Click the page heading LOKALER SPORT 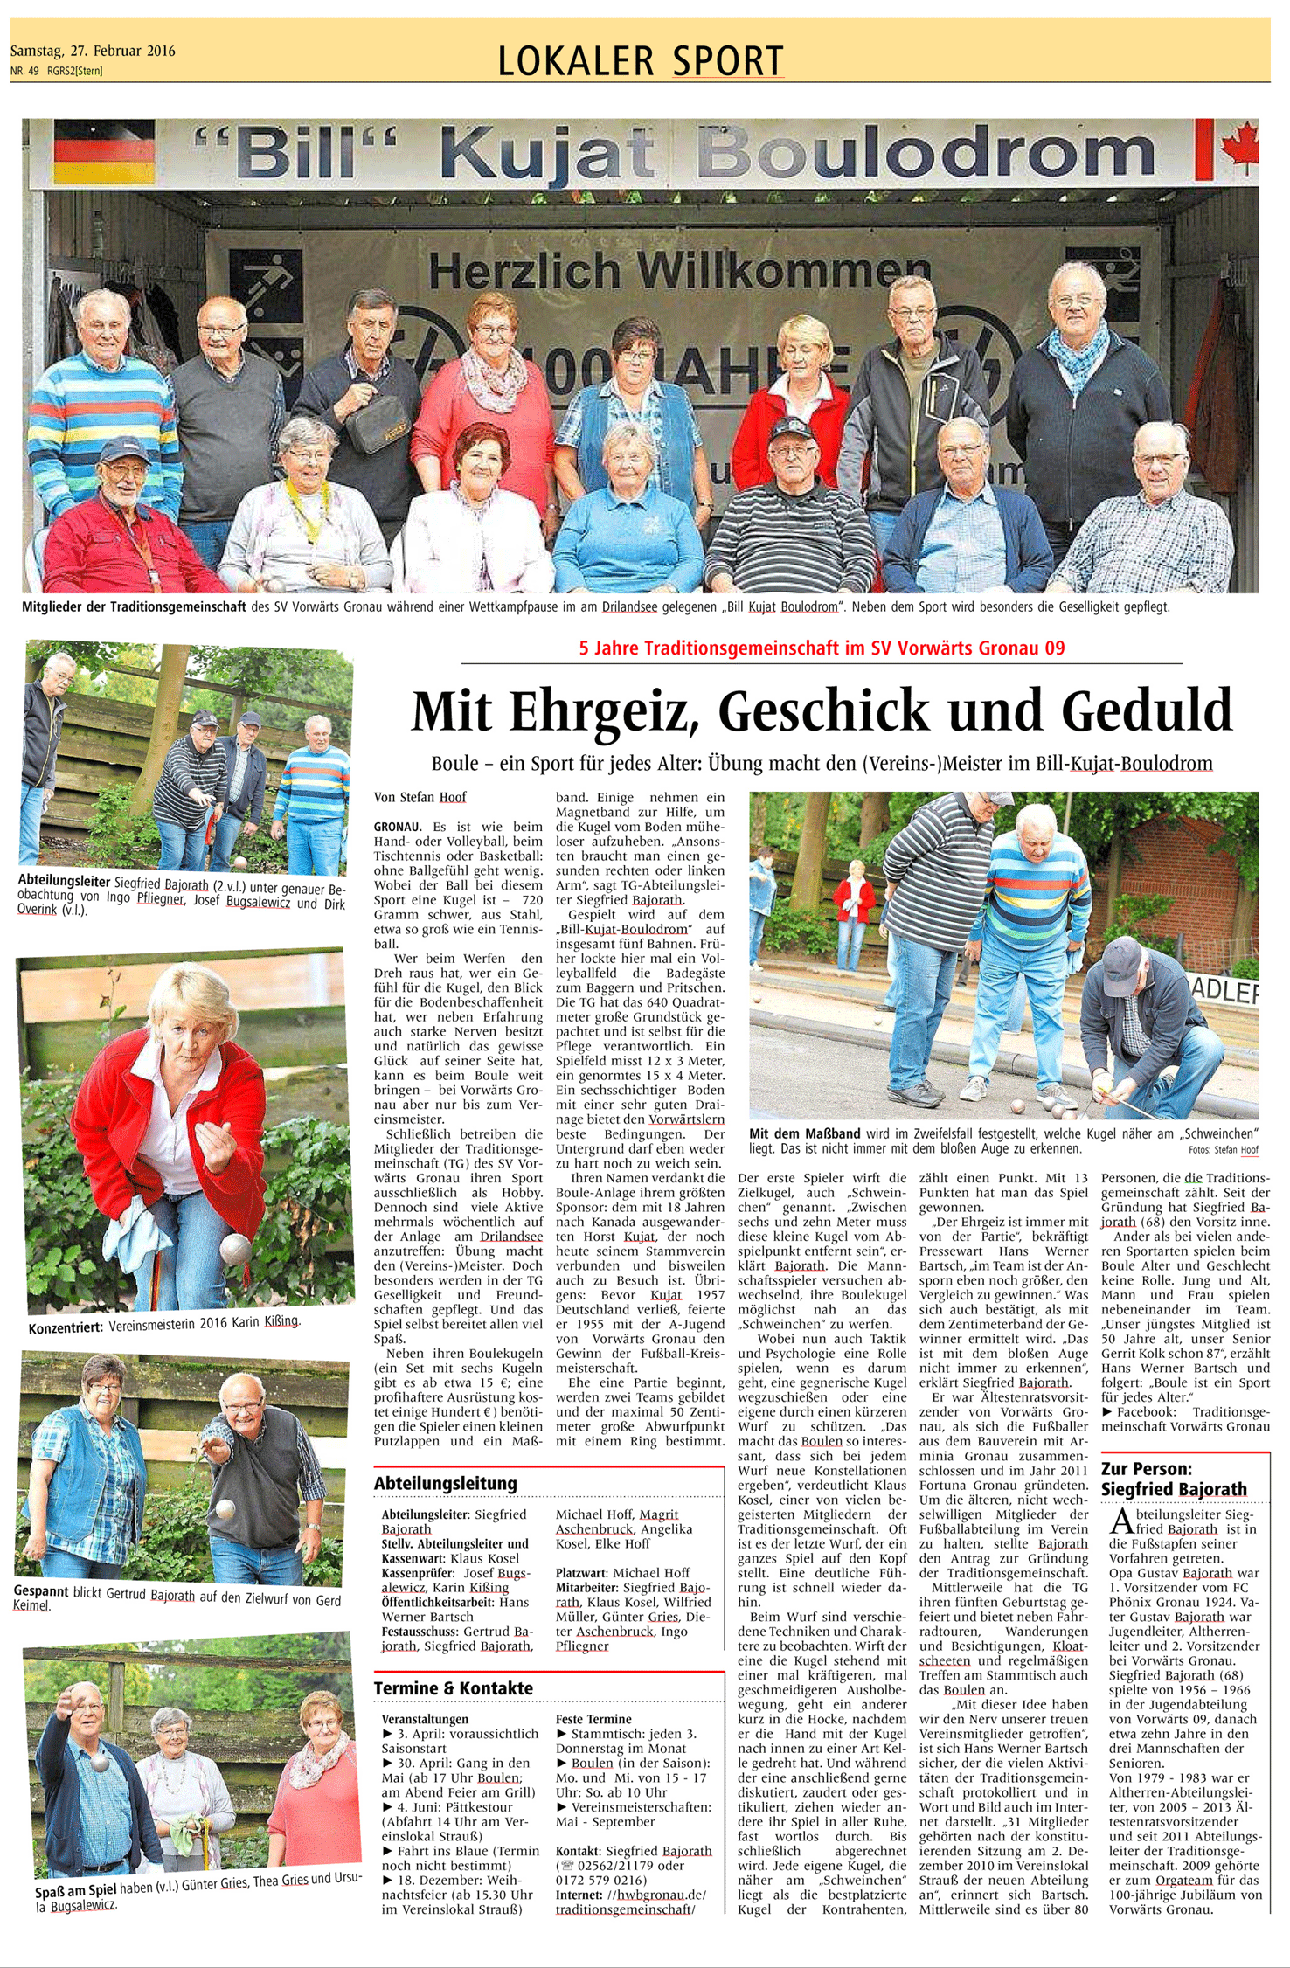(x=640, y=61)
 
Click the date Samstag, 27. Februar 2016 (x=93, y=51)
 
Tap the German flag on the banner (x=104, y=150)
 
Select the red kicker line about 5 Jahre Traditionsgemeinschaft (x=822, y=648)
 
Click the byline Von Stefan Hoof (x=420, y=797)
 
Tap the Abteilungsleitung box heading (x=445, y=1483)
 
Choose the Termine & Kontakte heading (x=453, y=1687)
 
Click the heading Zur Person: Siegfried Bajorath (x=1173, y=1479)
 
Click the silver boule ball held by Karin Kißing (x=235, y=1248)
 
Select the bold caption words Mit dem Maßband (x=804, y=1133)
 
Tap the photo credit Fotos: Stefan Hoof (x=1223, y=1150)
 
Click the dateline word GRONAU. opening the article (x=398, y=826)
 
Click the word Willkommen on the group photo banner (x=779, y=271)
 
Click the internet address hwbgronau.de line (x=630, y=1895)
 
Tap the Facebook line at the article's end (x=1185, y=1411)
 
